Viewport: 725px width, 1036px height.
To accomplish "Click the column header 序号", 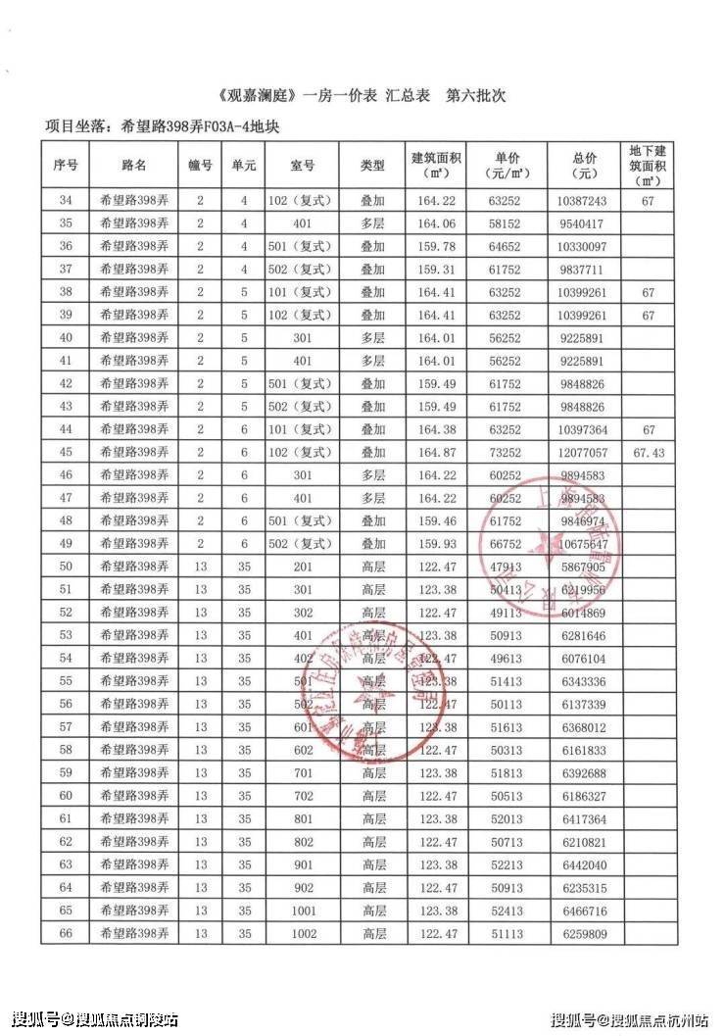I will (65, 166).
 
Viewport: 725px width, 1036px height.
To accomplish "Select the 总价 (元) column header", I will (588, 166).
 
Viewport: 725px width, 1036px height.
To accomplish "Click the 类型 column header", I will (373, 166).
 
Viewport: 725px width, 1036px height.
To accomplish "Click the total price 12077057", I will (588, 453).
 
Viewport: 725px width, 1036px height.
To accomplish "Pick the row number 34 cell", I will (65, 200).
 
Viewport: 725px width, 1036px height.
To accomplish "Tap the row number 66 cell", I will (65, 934).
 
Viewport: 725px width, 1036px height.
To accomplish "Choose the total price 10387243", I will (588, 200).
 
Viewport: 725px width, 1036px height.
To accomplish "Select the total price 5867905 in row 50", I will (588, 567).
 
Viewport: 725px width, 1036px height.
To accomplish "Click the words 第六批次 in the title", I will (476, 98).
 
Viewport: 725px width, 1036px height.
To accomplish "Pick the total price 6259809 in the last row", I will (588, 934).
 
